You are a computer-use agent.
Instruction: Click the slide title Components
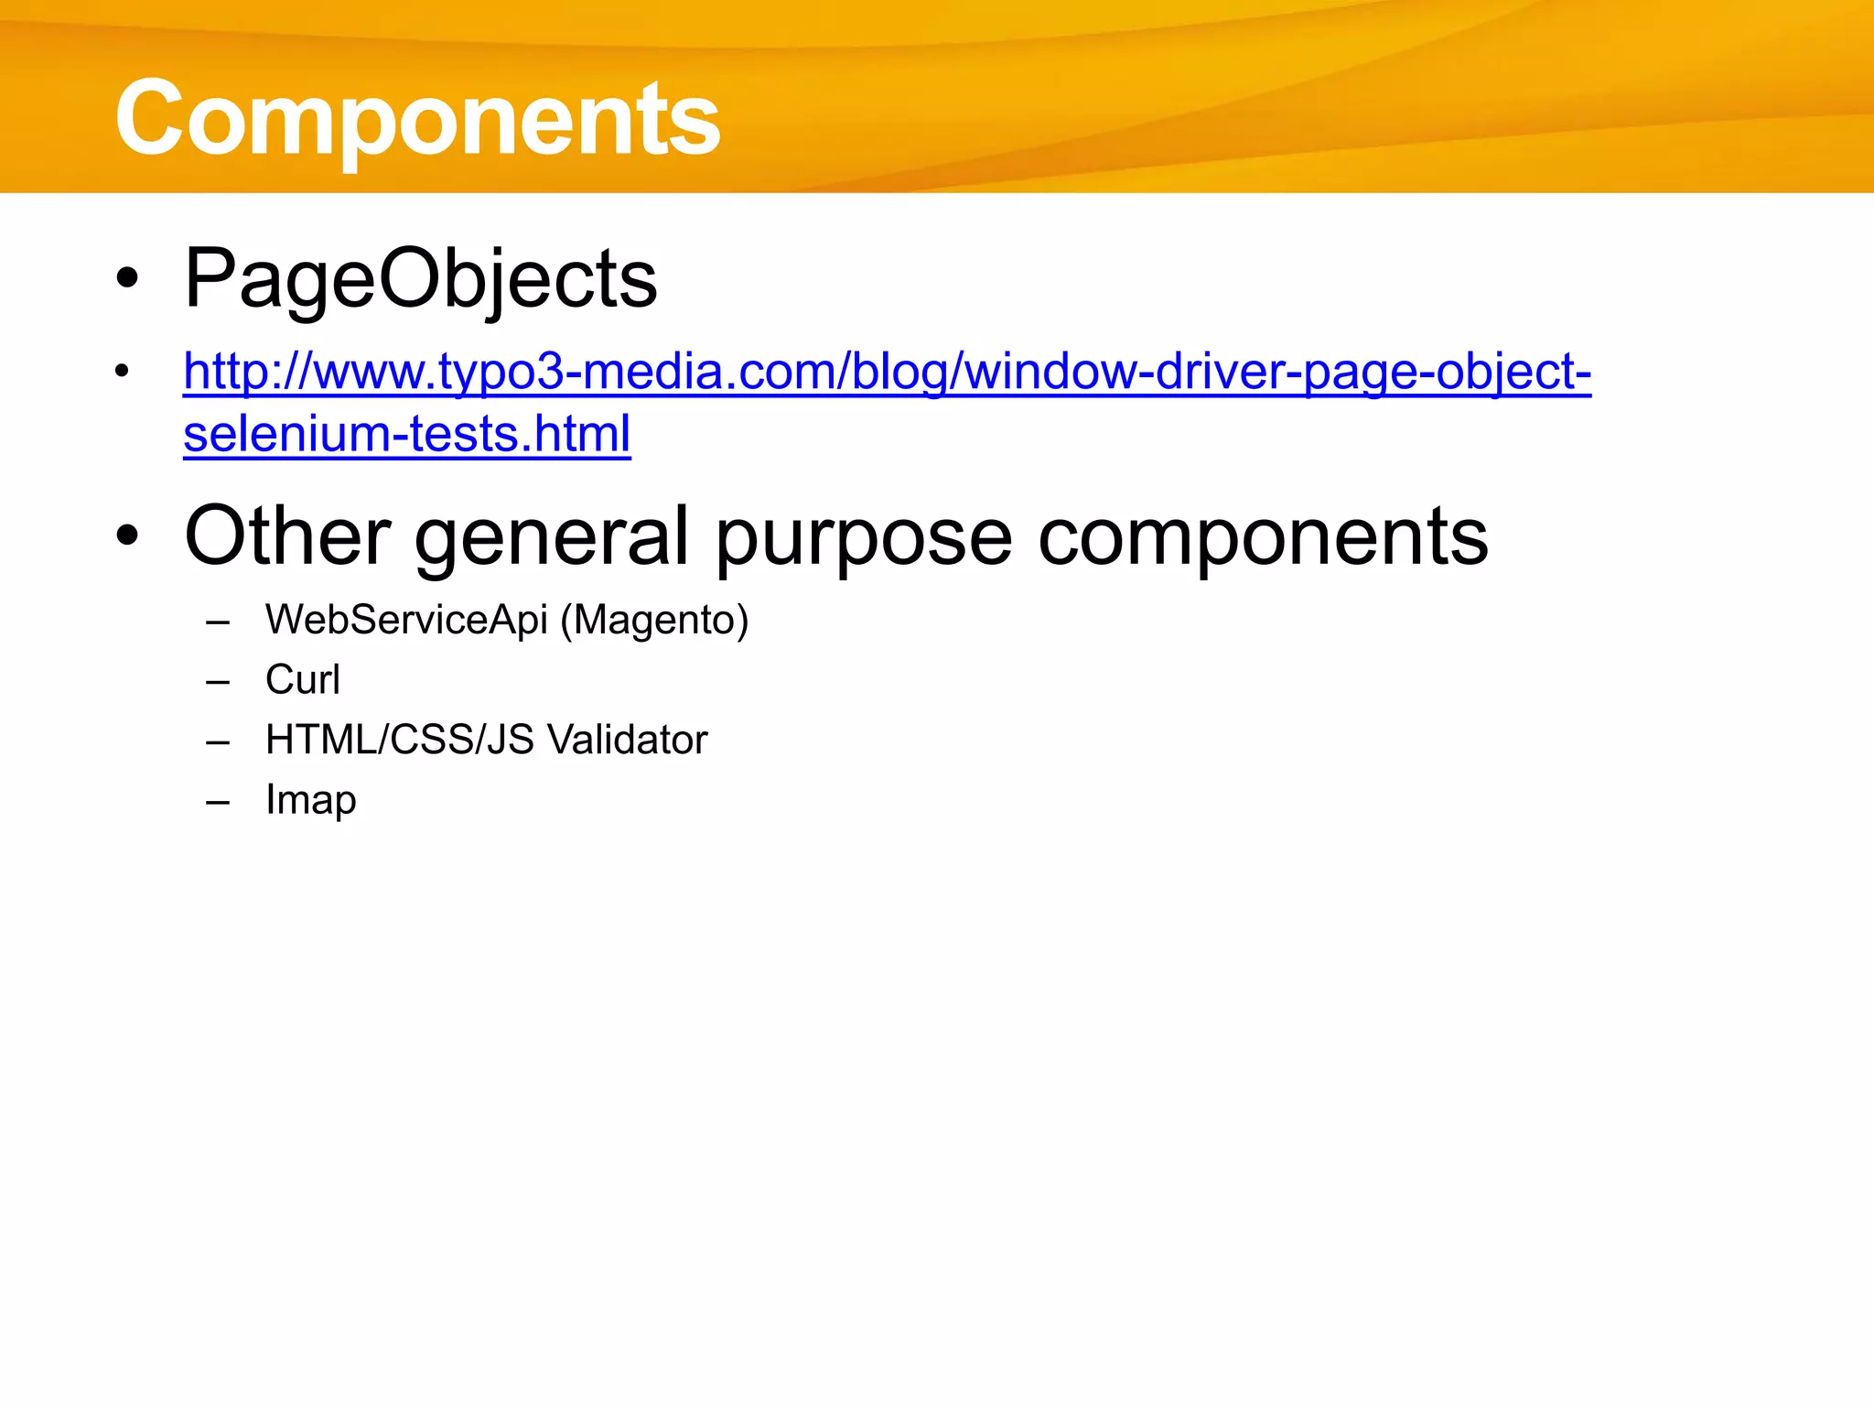417,118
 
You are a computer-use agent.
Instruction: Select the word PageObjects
420,278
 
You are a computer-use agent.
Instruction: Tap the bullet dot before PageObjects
127,278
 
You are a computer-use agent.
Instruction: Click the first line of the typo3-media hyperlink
887,372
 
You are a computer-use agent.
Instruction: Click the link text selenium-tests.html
406,434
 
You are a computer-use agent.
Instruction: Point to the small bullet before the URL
122,372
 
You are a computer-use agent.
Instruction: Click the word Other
287,536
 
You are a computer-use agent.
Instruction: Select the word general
551,536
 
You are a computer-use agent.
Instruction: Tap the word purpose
863,536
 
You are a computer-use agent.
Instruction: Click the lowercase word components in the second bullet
1263,536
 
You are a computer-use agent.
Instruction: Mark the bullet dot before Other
127,536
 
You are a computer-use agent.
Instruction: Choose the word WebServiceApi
405,620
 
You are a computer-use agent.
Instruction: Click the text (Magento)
654,621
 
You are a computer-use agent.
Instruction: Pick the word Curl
302,679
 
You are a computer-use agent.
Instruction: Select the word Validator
627,740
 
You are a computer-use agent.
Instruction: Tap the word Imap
310,800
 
